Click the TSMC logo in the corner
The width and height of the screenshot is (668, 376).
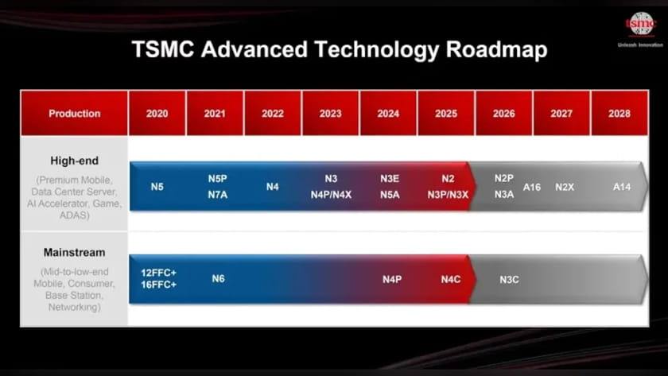641,24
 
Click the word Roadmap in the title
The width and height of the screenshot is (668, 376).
496,49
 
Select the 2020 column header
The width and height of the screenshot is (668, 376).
157,113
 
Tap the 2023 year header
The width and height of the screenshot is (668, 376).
330,113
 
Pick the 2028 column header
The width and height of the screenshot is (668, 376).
619,113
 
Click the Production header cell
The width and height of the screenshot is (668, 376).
74,113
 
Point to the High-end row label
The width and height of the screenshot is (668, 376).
74,161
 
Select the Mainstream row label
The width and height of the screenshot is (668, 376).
74,252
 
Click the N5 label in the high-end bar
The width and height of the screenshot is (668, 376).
157,187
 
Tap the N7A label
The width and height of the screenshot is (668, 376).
218,195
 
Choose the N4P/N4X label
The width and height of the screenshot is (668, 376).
331,195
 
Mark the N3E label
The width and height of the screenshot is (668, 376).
390,178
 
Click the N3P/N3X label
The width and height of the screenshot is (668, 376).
448,195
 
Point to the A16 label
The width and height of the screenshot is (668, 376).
532,187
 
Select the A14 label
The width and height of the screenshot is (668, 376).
622,187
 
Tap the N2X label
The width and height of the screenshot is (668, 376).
565,187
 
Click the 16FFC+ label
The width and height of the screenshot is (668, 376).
158,285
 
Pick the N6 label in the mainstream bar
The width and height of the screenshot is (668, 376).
218,278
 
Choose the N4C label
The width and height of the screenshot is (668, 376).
451,279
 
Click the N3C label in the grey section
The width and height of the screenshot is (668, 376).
509,279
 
